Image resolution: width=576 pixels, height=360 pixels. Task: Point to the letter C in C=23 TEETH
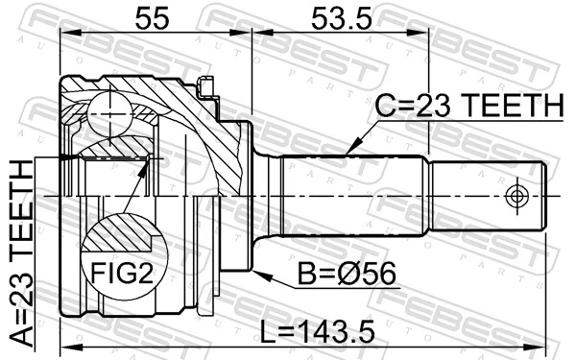click(x=383, y=107)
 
